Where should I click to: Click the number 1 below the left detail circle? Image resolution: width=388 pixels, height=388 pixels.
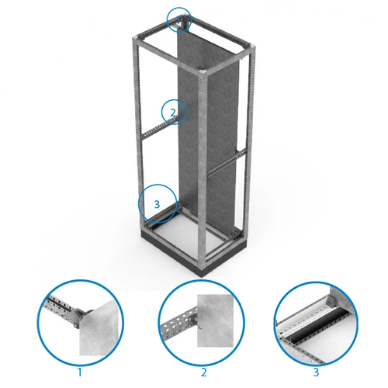80,372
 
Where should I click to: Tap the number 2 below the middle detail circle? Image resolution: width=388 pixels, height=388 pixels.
203,372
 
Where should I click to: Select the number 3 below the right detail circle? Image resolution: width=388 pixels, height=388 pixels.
316,372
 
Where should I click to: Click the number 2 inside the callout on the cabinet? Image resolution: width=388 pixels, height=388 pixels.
173,113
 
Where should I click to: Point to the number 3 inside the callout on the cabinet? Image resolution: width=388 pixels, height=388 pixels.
157,204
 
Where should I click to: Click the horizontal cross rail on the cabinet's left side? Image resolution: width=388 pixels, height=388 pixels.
158,128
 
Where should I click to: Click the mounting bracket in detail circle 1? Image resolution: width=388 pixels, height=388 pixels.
78,318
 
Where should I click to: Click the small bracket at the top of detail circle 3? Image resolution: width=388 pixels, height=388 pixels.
331,301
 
